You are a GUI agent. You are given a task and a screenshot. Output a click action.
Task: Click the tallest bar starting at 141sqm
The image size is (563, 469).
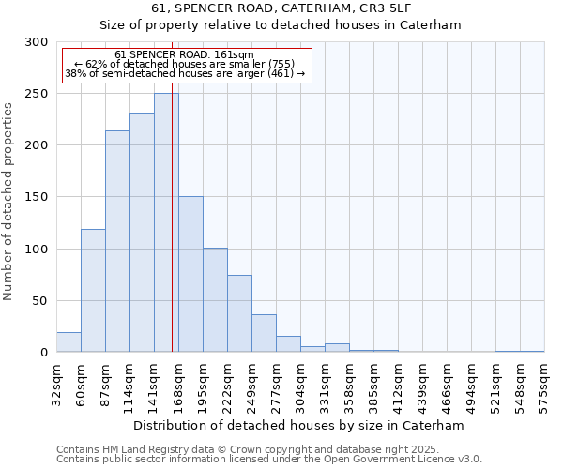[166, 223]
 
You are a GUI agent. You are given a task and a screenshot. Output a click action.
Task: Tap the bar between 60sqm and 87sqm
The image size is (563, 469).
[93, 291]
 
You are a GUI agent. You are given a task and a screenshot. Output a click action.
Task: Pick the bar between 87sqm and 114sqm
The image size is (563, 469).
[117, 241]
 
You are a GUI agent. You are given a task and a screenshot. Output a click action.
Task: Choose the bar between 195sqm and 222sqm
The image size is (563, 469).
[215, 300]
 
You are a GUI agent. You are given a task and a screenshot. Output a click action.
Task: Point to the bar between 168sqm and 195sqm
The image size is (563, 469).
[190, 274]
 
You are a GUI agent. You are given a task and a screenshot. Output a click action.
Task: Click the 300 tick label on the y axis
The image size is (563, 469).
[36, 42]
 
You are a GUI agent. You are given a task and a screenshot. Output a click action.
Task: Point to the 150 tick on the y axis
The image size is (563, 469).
[36, 198]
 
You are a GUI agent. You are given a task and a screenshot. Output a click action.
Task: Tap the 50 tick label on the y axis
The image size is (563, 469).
[39, 301]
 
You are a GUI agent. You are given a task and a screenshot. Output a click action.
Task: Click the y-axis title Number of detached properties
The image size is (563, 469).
[9, 202]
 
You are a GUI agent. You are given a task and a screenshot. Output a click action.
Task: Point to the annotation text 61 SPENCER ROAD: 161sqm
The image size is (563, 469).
[184, 55]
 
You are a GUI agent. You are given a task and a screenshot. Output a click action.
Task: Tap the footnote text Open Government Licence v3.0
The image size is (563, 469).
[414, 459]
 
